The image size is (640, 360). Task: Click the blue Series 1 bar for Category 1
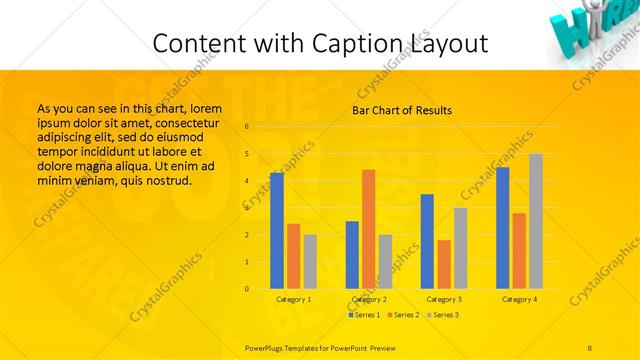pos(277,231)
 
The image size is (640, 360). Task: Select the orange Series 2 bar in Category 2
pos(369,229)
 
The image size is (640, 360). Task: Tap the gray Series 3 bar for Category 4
pos(536,221)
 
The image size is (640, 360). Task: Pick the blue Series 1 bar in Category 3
pos(427,241)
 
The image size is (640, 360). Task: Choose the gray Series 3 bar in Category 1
pos(310,262)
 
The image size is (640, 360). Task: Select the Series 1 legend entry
pos(364,315)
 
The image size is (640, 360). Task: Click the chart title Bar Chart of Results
pos(402,110)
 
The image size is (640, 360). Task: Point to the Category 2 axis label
pos(369,299)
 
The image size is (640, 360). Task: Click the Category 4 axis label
pos(519,299)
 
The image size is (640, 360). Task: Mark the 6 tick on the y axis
pos(246,127)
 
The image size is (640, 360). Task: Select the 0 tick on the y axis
pos(246,289)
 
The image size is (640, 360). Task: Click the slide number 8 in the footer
pos(590,347)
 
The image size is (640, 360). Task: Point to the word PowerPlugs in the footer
pos(265,347)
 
